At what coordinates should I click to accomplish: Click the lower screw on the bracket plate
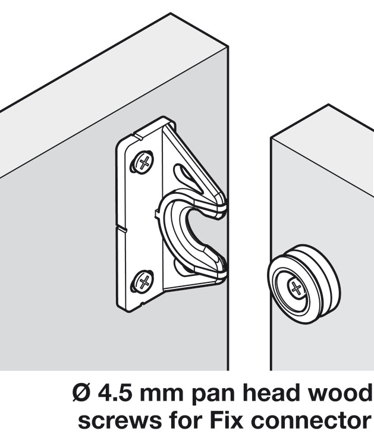143,281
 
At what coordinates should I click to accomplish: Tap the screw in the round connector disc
296,290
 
